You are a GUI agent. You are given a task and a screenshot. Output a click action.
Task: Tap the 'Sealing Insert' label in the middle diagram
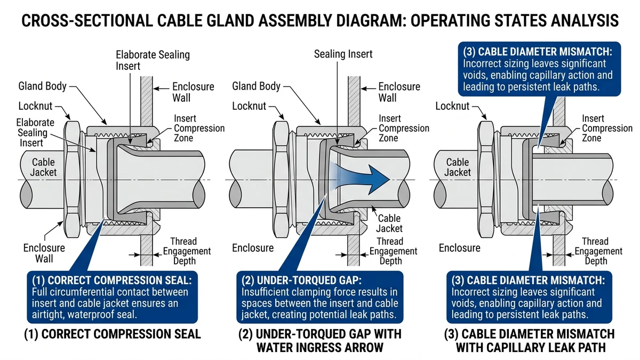(x=343, y=54)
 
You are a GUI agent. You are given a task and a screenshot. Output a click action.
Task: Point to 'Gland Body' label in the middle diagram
(x=257, y=86)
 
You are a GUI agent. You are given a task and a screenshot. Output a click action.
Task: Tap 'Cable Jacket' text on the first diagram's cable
(x=43, y=167)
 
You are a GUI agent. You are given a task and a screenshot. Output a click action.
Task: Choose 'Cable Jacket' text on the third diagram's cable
(x=458, y=167)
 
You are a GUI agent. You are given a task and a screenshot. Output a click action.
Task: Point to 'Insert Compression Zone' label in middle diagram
(x=404, y=129)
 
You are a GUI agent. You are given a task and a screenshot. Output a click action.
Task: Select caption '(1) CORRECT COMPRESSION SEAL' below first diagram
(x=112, y=334)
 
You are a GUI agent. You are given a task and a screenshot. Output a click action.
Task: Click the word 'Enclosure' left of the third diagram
(x=459, y=247)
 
